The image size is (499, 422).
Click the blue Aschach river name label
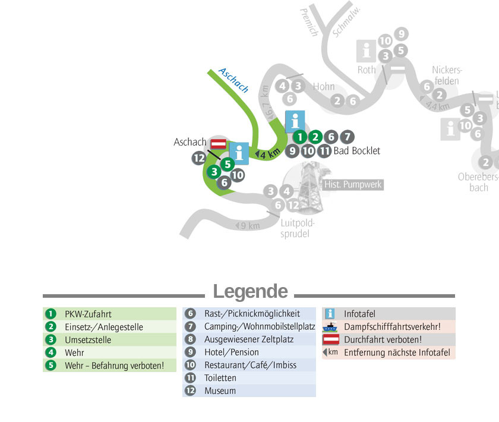pos(233,80)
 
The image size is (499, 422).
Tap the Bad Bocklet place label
pos(357,150)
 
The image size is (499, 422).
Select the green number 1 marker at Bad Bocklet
pos(300,137)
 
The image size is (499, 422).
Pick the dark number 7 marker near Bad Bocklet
pos(347,137)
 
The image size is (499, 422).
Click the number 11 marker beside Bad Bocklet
pos(324,150)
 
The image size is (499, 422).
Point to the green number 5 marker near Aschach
pos(228,164)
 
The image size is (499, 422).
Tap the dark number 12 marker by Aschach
pos(199,158)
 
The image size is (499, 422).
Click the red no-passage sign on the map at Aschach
pos(219,144)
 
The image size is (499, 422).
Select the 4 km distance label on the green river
pos(268,153)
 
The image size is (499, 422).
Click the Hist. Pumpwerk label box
pos(353,184)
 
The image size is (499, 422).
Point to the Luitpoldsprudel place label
pos(296,228)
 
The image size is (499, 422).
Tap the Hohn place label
pos(324,86)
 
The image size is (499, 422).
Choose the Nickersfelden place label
pos(447,75)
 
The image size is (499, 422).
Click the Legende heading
pos(250,291)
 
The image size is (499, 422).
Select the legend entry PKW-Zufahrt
pos(88,314)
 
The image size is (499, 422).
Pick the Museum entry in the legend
pos(220,390)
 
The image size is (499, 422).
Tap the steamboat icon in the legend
pos(330,327)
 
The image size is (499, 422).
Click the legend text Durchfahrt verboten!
pos(383,339)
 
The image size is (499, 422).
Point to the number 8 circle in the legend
pos(190,339)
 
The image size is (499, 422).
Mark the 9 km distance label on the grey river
pos(248,226)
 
